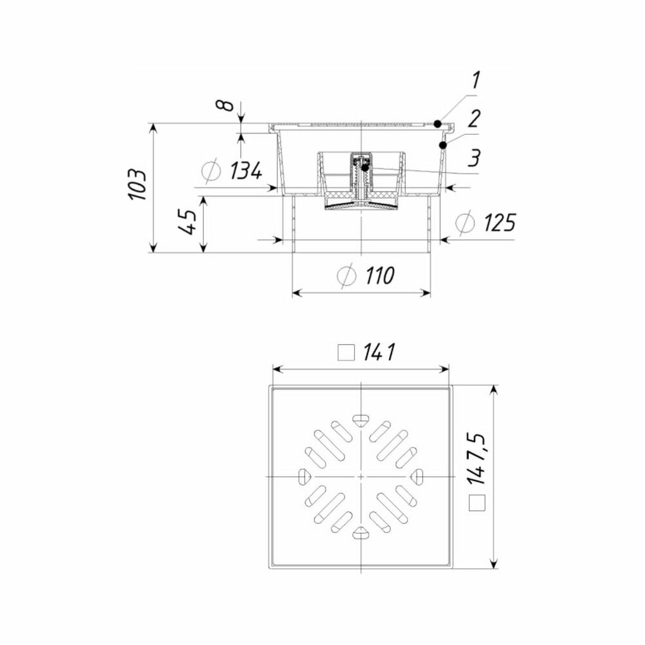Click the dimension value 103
[137, 184]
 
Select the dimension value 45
[189, 222]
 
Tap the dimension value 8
[224, 105]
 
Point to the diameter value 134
[246, 171]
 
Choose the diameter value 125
[499, 223]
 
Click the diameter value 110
[379, 275]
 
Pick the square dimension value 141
[379, 352]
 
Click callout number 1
[475, 80]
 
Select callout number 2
[474, 119]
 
